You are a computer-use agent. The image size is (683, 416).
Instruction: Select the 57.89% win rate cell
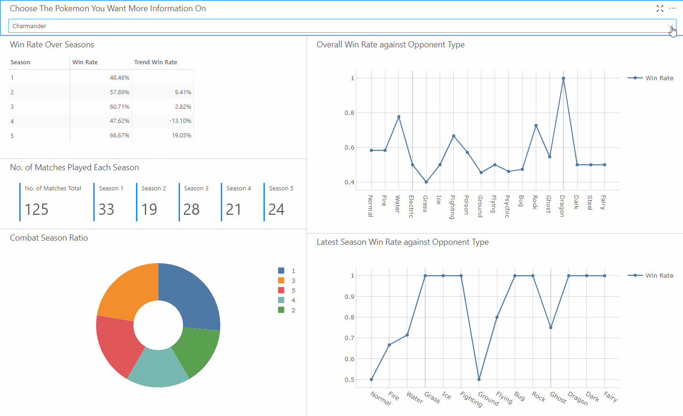120,92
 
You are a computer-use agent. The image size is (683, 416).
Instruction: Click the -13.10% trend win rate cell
180,121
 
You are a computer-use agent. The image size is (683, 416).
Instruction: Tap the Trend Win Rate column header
156,62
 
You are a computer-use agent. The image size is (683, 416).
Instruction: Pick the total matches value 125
37,209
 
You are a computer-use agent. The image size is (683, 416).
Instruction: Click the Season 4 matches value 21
233,209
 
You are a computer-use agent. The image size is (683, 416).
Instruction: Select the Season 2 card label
154,189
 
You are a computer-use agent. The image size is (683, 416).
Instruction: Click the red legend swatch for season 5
281,290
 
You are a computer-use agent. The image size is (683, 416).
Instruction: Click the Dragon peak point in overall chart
563,78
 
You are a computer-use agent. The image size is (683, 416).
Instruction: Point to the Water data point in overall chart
398,117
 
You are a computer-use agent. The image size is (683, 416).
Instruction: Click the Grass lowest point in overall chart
426,182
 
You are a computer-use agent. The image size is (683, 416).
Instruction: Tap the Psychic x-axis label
507,206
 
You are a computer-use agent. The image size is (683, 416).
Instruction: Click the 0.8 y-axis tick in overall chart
350,113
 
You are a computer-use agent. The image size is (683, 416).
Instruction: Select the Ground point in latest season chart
479,379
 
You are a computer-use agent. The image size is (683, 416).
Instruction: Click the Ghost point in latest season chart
551,327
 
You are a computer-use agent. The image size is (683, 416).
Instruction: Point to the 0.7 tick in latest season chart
350,338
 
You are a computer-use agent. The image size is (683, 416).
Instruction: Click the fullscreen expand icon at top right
660,8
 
